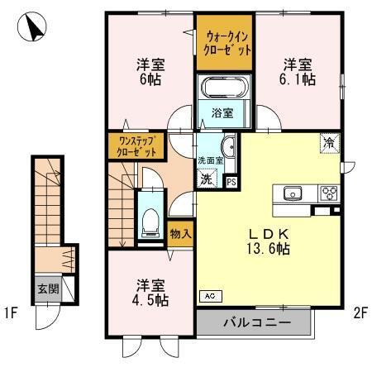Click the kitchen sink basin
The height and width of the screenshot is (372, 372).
tap(293, 193)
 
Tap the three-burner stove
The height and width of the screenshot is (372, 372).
tap(329, 193)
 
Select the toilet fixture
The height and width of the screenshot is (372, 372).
tap(150, 218)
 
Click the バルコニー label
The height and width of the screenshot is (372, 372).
tap(254, 322)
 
